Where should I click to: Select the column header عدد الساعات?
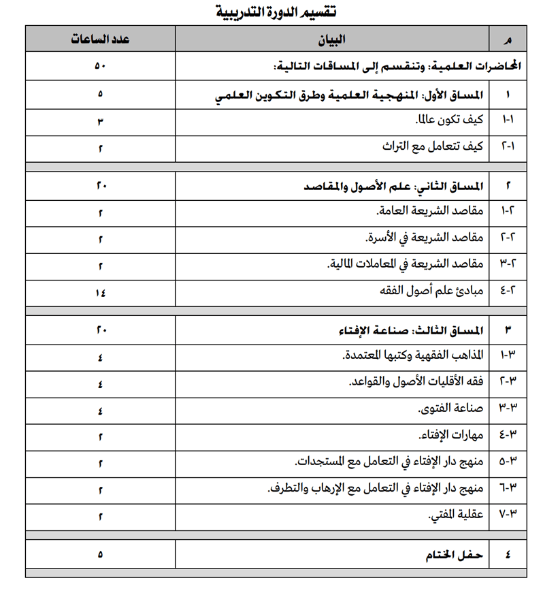pyautogui.click(x=100, y=39)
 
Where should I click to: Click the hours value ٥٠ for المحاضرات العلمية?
pyautogui.click(x=100, y=67)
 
